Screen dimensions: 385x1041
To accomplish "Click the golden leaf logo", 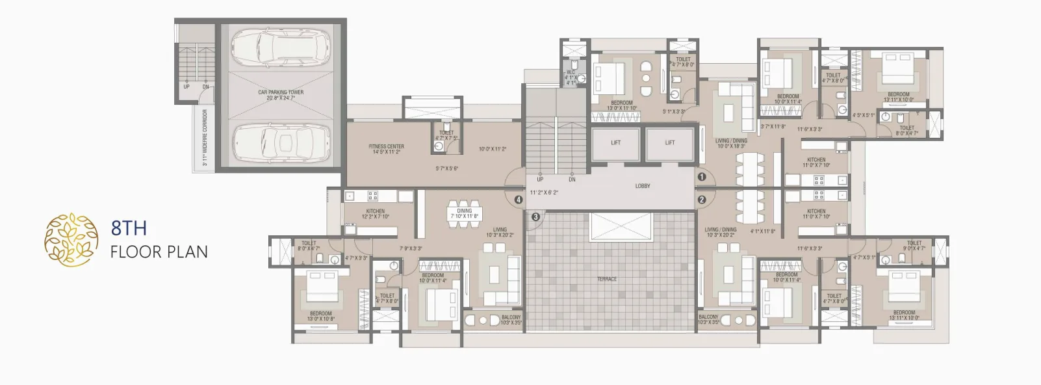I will point(71,239).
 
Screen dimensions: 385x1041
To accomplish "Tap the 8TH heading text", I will point(129,228).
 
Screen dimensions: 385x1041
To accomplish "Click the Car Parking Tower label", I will point(281,92).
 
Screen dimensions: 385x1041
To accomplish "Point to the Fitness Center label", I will point(386,147).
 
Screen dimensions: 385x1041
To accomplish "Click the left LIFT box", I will point(615,143).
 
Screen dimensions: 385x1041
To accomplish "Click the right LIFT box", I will point(669,143).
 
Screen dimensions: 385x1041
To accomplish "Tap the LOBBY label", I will point(642,187).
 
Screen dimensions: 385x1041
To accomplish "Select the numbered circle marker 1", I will point(702,176).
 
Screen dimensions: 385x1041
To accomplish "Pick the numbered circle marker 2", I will point(702,200).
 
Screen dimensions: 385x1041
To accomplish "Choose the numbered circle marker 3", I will point(535,217).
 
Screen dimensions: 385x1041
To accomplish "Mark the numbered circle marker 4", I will point(518,200).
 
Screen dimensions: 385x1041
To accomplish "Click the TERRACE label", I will point(607,279).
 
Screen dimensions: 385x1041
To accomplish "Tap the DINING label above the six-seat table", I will point(464,211).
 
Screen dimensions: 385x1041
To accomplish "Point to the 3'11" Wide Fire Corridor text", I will point(205,137).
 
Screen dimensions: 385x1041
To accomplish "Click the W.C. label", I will point(571,73).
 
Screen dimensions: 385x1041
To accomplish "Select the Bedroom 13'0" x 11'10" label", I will point(621,103).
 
